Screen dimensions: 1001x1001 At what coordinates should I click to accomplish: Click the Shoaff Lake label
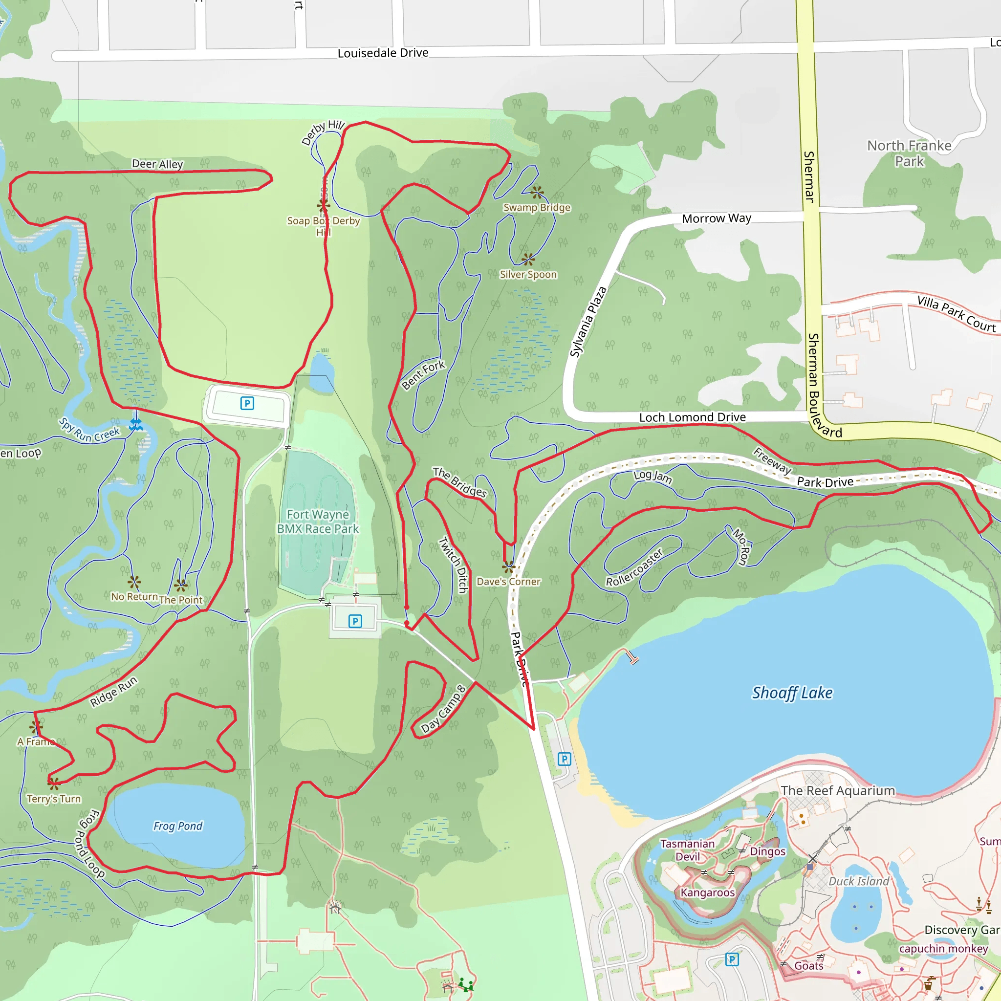(792, 693)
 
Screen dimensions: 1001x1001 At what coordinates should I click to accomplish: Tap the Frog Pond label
(178, 826)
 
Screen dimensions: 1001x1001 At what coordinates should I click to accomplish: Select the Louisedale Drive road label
(383, 53)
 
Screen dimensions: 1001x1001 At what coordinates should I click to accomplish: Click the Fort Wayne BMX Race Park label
(318, 521)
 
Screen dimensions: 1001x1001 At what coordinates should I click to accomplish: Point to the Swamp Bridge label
(537, 207)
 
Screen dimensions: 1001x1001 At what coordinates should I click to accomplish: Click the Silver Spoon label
(528, 274)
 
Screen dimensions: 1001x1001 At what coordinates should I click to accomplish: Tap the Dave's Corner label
(508, 581)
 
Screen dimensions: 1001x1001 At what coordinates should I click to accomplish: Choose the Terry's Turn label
(54, 799)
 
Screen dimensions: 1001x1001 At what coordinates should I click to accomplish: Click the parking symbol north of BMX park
(247, 403)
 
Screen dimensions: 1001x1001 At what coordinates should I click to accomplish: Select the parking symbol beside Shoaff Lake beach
(564, 759)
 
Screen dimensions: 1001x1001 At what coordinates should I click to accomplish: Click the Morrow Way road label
(716, 218)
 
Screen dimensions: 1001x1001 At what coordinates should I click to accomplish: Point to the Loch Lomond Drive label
(692, 417)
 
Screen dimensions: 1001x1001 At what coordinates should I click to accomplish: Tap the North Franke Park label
(909, 153)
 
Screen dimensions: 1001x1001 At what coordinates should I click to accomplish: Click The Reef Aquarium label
(838, 791)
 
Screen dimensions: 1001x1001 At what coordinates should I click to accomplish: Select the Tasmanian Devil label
(688, 849)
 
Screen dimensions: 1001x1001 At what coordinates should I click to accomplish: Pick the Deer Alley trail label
(157, 164)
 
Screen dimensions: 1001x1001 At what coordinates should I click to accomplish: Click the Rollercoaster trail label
(635, 567)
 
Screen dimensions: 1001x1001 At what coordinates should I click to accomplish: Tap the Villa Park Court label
(956, 314)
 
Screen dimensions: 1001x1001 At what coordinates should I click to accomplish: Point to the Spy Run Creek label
(88, 430)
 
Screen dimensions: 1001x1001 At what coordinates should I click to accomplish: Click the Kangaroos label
(707, 892)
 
